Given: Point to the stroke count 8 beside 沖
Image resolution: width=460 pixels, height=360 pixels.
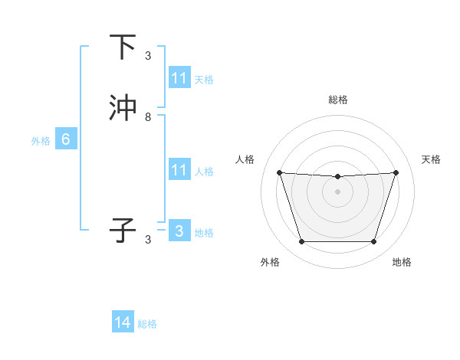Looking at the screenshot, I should [x=148, y=117].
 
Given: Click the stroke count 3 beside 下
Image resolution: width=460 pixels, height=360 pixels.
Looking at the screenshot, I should [x=148, y=56].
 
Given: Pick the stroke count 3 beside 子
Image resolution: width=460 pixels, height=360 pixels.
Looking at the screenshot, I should [x=148, y=240].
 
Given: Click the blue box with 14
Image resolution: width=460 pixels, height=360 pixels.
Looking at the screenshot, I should [x=123, y=323].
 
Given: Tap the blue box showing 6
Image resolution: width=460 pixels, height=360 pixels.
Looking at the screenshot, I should [x=66, y=139].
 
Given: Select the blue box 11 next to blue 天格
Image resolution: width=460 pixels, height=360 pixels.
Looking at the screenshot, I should [x=179, y=78].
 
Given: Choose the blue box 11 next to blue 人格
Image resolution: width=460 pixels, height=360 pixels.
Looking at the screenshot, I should [x=179, y=170].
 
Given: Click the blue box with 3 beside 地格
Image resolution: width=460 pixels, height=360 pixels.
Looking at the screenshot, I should [x=179, y=231].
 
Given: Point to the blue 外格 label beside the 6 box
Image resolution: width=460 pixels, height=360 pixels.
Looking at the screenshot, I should [x=41, y=140].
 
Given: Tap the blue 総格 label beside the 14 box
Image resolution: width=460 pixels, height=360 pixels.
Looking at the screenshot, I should [x=147, y=324].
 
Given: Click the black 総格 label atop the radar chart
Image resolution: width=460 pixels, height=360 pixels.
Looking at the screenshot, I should [x=338, y=100].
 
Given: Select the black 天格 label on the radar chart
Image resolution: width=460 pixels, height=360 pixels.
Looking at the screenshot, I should [x=431, y=159].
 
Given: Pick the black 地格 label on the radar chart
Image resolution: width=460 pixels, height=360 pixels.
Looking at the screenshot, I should [x=402, y=262].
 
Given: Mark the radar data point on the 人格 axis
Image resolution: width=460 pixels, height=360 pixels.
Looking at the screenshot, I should [x=279, y=172].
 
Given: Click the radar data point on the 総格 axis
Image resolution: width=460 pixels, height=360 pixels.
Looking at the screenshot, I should [x=337, y=177].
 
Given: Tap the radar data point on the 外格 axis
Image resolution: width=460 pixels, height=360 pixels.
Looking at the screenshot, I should [x=301, y=242].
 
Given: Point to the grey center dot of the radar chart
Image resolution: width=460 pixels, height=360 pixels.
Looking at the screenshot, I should [x=337, y=191].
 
